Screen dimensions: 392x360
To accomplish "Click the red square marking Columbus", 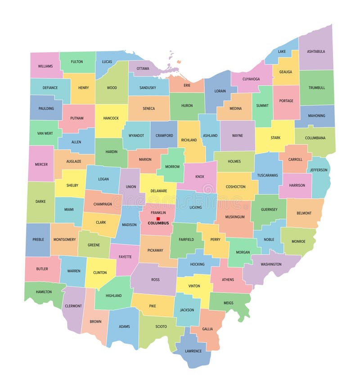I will point(158,219).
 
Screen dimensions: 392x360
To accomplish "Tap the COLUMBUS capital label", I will point(158,223).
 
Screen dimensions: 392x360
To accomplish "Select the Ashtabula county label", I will point(316,51).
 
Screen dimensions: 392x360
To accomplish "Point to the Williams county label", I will point(45,66).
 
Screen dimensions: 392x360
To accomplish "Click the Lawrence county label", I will point(193,351).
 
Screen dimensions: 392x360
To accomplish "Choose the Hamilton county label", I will point(44,292).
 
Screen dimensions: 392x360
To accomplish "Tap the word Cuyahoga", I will point(251,79).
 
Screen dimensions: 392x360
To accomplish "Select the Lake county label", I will point(282,51).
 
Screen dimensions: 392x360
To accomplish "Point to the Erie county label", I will point(187,85).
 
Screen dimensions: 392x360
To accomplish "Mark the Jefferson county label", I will point(319,170).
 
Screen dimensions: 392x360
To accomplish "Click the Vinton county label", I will point(194,286).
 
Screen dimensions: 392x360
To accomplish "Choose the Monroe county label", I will point(298,242).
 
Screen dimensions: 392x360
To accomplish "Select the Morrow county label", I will point(172,167).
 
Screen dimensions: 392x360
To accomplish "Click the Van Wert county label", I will point(45,133).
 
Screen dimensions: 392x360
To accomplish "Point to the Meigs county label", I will point(229,303).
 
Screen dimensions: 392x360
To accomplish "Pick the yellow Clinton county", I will point(100,273).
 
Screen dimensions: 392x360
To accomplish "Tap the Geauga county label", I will point(286,72).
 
